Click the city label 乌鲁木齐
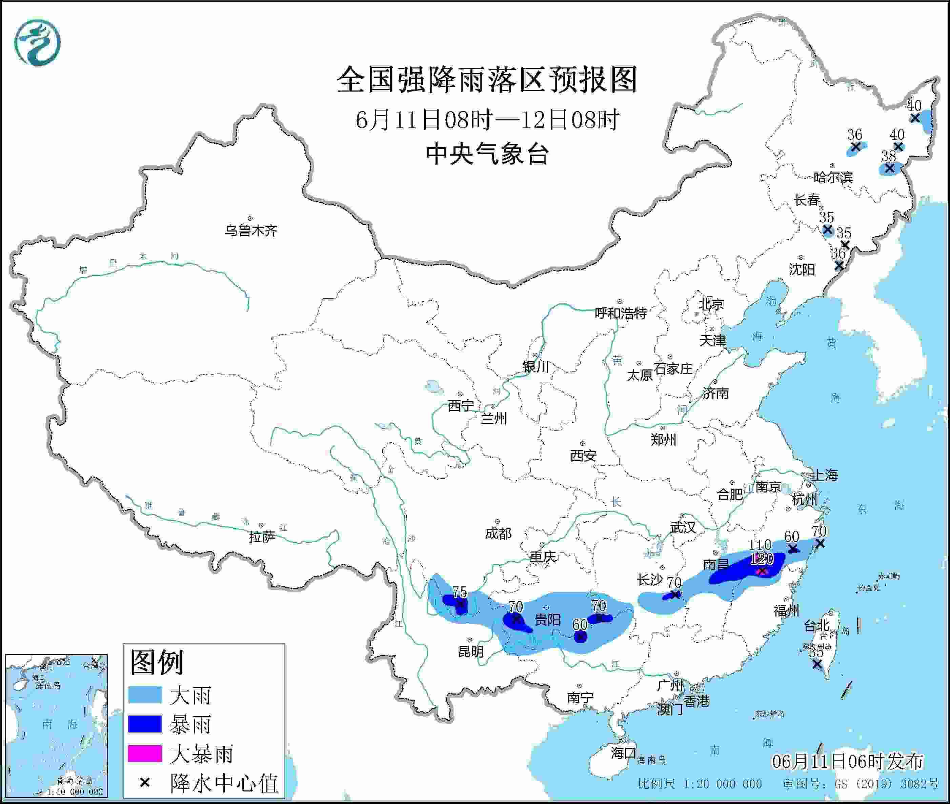point(250,230)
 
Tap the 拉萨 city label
point(262,537)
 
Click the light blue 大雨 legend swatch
point(144,695)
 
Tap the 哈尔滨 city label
point(833,177)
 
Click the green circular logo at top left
point(37,42)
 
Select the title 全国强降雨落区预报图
point(487,80)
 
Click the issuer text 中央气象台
point(487,154)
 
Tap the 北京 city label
point(711,304)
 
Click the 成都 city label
point(498,533)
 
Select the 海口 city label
point(623,752)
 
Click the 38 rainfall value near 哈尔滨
point(888,156)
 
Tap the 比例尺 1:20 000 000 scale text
point(700,784)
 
